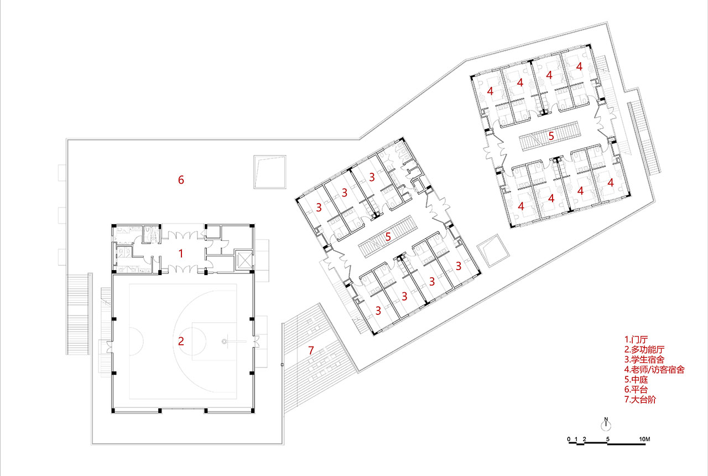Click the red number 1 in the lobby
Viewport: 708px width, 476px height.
pyautogui.click(x=181, y=253)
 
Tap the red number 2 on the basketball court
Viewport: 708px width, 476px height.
pyautogui.click(x=181, y=341)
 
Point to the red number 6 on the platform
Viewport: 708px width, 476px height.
pyautogui.click(x=181, y=180)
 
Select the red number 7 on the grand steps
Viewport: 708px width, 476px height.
pyautogui.click(x=311, y=350)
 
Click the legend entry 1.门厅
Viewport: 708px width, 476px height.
pyautogui.click(x=636, y=340)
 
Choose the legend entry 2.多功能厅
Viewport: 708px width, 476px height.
pyautogui.click(x=644, y=349)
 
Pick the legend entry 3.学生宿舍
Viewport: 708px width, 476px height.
pyautogui.click(x=644, y=360)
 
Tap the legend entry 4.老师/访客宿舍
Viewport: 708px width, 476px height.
pyautogui.click(x=654, y=369)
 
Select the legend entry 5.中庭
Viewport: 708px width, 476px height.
pyautogui.click(x=636, y=380)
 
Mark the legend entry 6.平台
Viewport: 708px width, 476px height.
pyautogui.click(x=636, y=389)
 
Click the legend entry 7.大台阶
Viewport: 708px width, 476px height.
pyautogui.click(x=640, y=400)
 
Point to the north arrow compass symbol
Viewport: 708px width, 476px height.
pyautogui.click(x=606, y=424)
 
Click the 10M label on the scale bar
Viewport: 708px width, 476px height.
pyautogui.click(x=644, y=439)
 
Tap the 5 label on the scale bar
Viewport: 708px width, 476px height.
pyautogui.click(x=607, y=439)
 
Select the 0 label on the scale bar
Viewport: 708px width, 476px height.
pyautogui.click(x=569, y=439)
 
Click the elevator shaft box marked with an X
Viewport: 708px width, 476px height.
pyautogui.click(x=244, y=260)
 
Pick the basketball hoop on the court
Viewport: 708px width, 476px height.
pyautogui.click(x=225, y=342)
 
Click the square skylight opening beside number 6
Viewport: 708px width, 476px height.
pyautogui.click(x=269, y=172)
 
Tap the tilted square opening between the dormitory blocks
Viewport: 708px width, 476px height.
pyautogui.click(x=493, y=251)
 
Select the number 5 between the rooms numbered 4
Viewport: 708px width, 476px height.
pyautogui.click(x=551, y=136)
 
